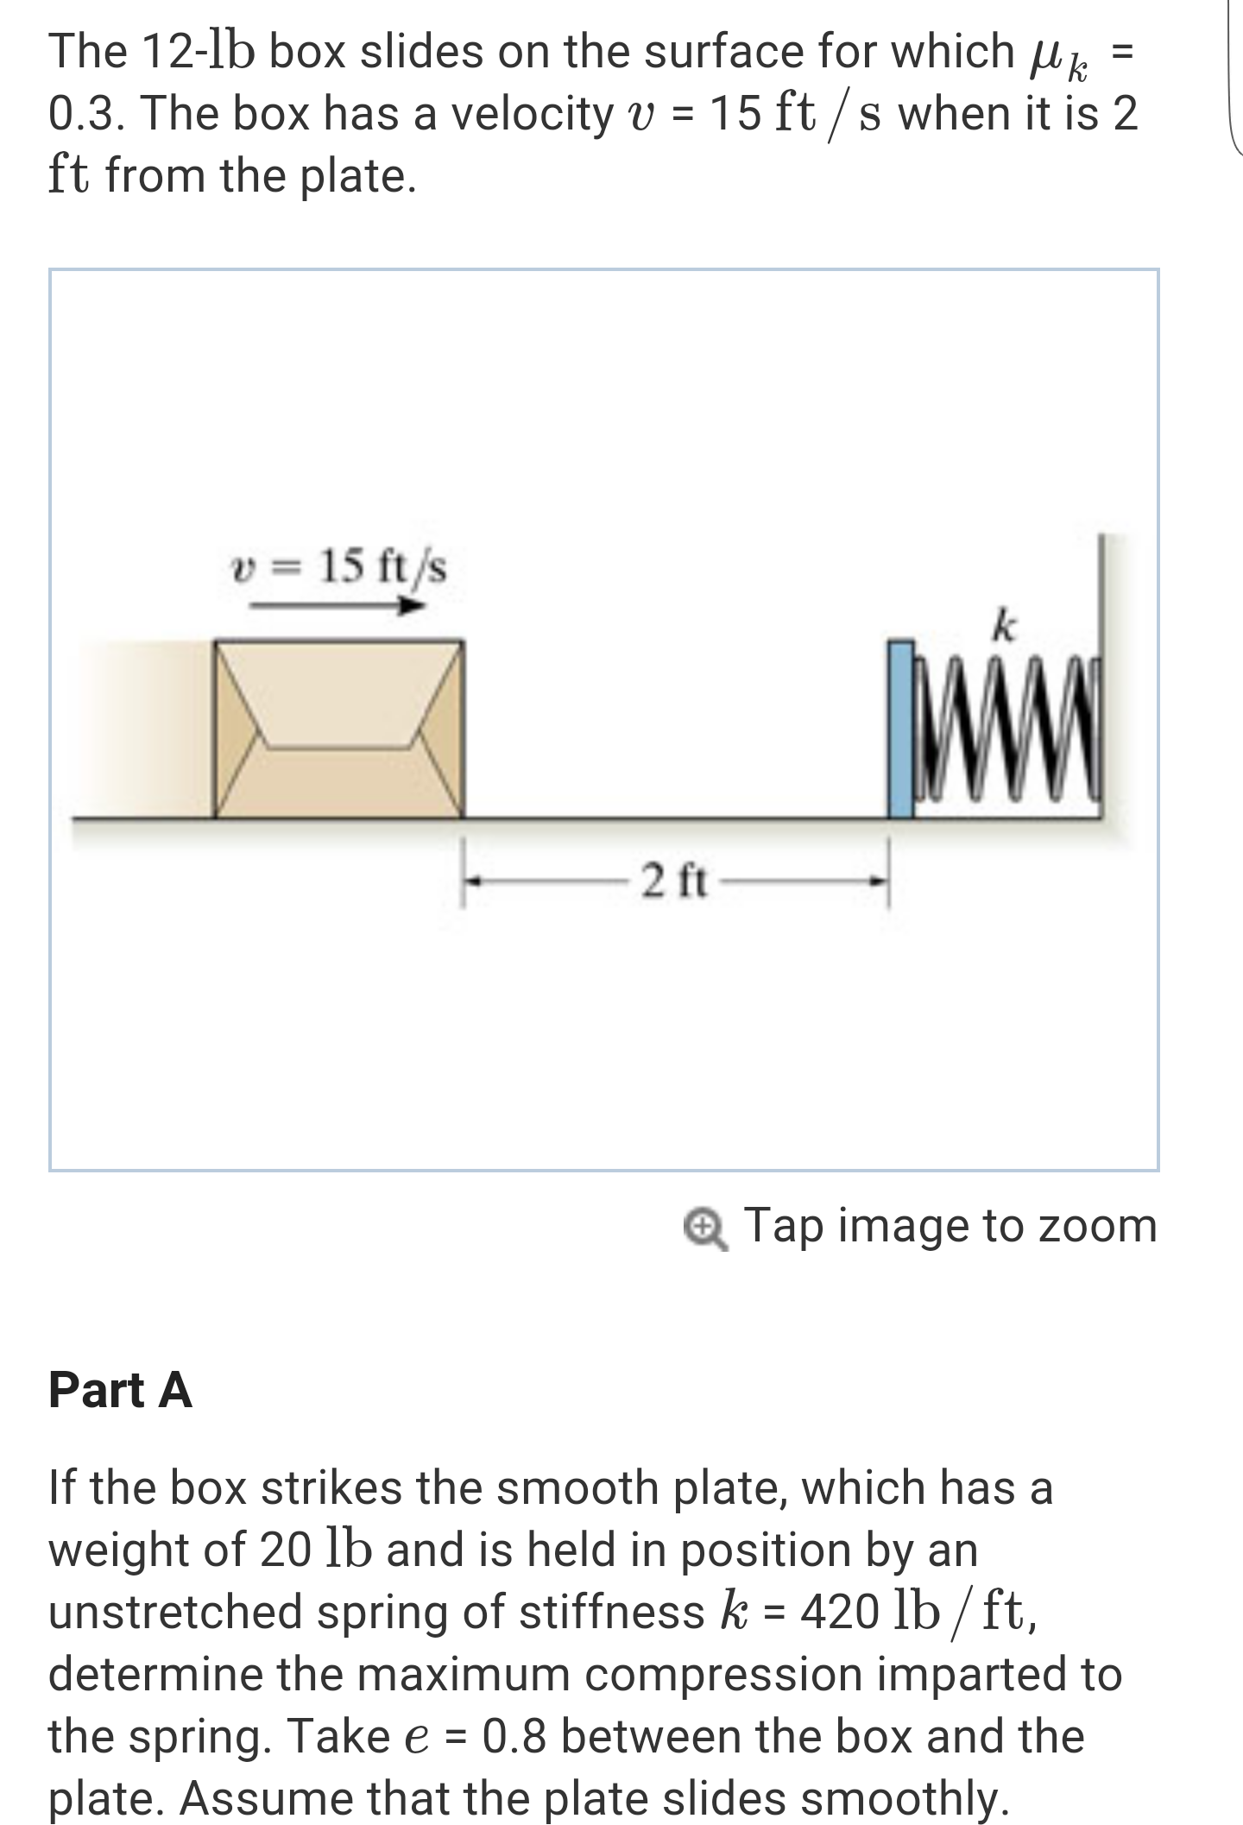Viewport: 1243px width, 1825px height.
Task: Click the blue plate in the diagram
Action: point(901,729)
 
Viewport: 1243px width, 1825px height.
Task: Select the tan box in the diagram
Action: point(339,729)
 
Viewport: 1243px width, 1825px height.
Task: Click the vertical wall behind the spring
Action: point(1101,604)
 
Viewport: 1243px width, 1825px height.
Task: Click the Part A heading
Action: point(120,1390)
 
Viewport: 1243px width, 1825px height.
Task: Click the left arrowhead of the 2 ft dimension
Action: point(471,881)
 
